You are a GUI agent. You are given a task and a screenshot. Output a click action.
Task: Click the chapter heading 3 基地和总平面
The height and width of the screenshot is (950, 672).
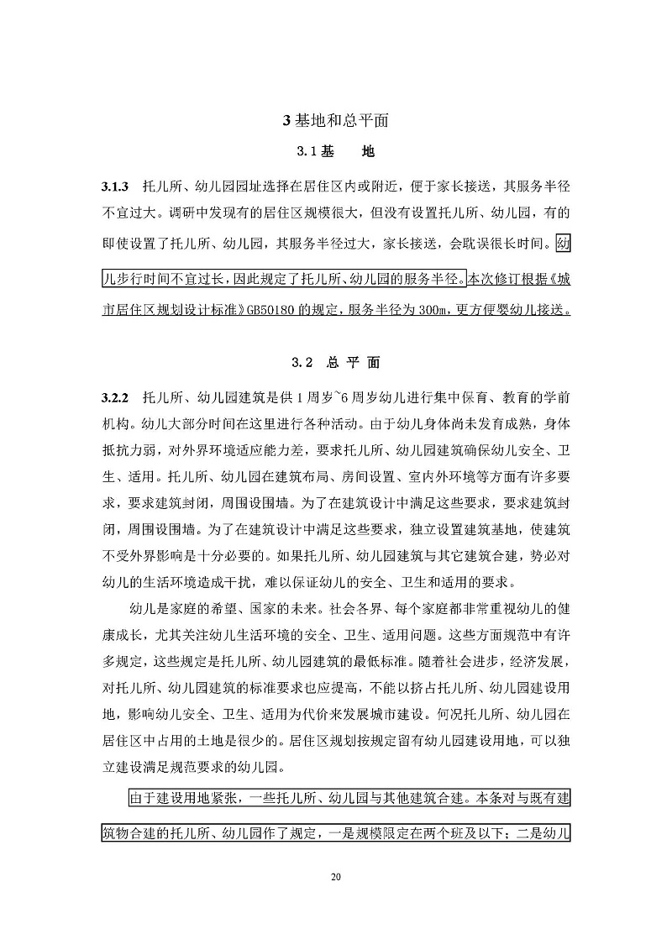pos(335,120)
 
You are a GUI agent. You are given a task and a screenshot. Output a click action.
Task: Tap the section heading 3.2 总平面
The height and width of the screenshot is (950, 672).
pos(335,363)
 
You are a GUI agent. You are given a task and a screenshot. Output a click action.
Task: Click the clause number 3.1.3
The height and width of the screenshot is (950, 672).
pos(114,184)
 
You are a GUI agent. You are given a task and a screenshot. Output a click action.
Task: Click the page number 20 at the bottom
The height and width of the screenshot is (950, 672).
pos(336,878)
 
